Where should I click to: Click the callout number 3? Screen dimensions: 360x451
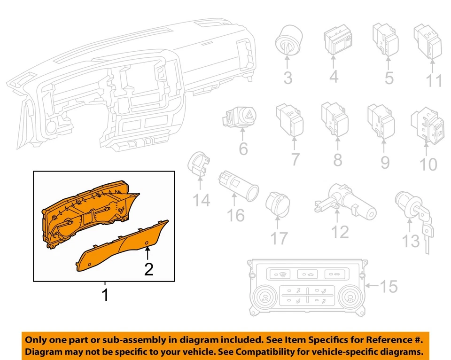[288, 78]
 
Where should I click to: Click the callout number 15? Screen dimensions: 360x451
[389, 286]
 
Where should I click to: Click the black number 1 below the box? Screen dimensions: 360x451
[105, 295]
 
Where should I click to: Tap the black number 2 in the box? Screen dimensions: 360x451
[148, 270]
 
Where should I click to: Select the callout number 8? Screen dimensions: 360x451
[337, 160]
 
